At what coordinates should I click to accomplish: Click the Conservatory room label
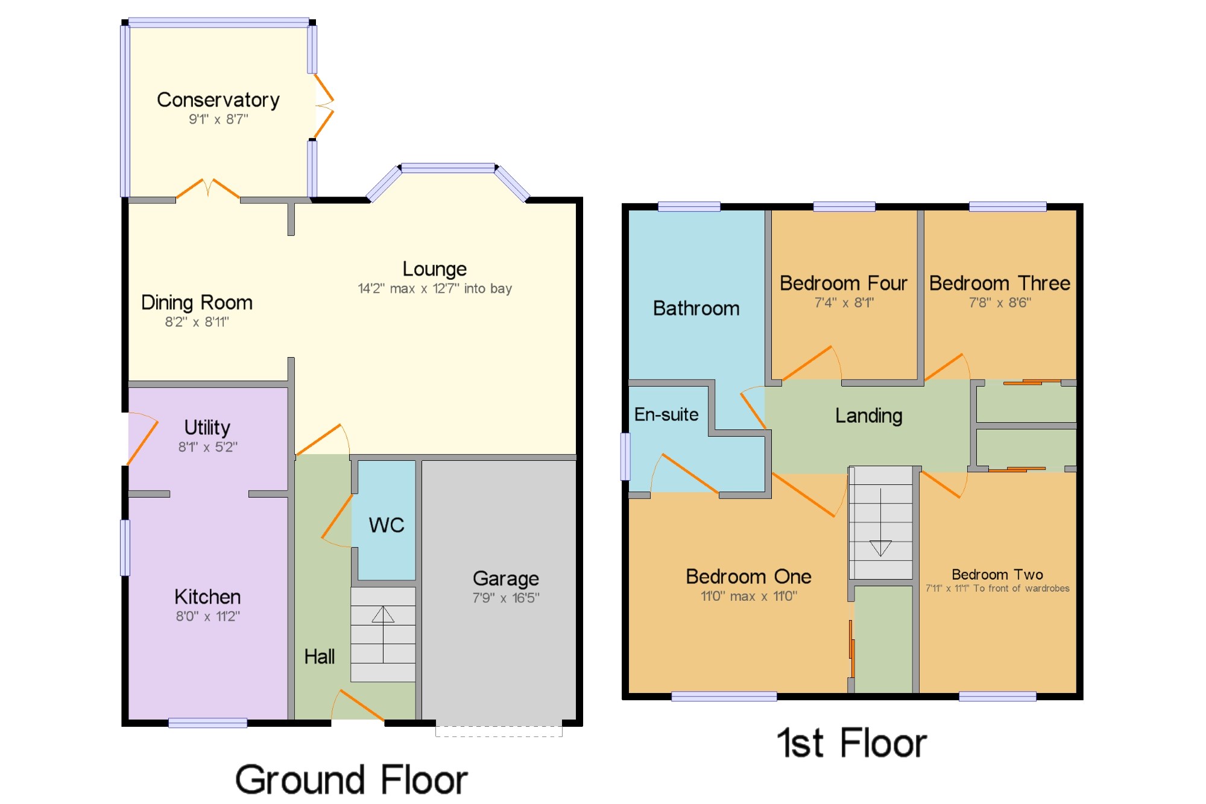click(x=218, y=100)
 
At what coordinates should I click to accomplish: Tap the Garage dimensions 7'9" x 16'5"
click(x=505, y=598)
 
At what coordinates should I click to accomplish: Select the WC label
click(x=386, y=525)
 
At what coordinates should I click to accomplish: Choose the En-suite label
click(x=666, y=414)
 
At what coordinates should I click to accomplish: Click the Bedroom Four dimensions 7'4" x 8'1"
click(x=844, y=303)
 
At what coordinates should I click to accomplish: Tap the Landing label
click(x=868, y=416)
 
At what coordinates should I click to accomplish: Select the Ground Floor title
click(x=351, y=779)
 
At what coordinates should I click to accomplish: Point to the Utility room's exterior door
click(x=143, y=439)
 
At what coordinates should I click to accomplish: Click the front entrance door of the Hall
click(x=358, y=706)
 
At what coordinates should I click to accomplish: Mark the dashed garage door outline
click(x=499, y=731)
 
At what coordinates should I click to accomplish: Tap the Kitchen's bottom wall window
click(x=207, y=723)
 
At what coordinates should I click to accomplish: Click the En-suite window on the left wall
click(x=625, y=457)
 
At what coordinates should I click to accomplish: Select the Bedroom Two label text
click(x=997, y=574)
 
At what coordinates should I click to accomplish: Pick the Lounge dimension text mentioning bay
click(x=434, y=288)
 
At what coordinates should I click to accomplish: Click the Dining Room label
click(x=197, y=302)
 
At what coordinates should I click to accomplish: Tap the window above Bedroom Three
click(x=1007, y=207)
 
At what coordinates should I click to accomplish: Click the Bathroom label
click(x=696, y=308)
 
